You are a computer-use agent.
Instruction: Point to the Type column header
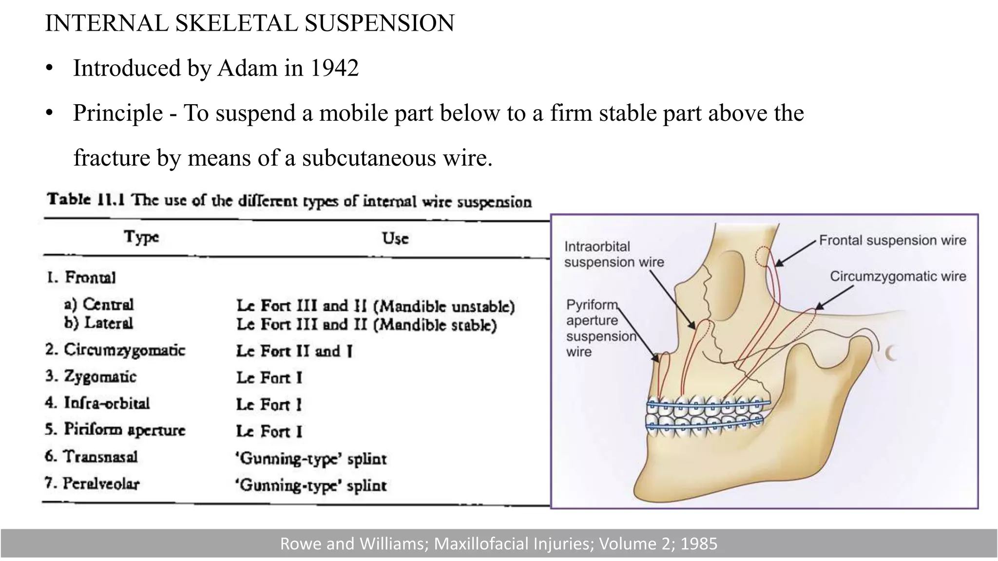click(x=141, y=237)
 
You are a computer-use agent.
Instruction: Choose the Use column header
click(x=395, y=238)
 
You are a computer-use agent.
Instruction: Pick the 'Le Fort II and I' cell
click(x=294, y=351)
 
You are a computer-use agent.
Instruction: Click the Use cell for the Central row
click(x=375, y=306)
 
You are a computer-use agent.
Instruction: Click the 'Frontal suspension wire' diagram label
click(x=892, y=240)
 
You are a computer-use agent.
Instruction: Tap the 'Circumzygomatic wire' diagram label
click(x=898, y=277)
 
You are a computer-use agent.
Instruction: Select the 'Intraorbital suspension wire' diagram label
click(x=614, y=254)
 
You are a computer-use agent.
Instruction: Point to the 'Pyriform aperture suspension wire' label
click(x=601, y=328)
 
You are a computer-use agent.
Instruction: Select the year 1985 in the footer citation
click(x=699, y=543)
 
